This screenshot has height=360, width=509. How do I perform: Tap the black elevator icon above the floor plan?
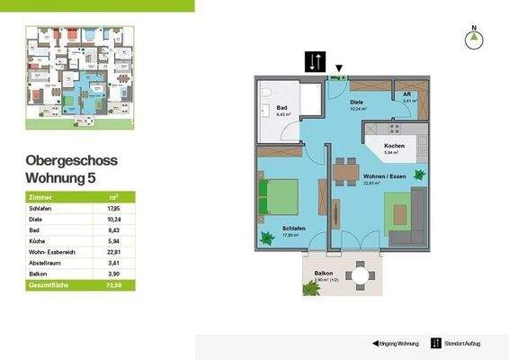pyautogui.click(x=314, y=61)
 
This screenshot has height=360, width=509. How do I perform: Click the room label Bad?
pyautogui.click(x=268, y=107)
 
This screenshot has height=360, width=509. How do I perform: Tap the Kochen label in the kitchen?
pyautogui.click(x=394, y=147)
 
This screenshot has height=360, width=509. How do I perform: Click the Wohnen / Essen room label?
pyautogui.click(x=383, y=175)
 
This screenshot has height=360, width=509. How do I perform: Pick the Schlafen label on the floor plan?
pyautogui.click(x=293, y=229)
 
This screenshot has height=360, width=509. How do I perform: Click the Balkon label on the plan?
pyautogui.click(x=325, y=273)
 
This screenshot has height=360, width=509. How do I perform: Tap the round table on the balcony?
pyautogui.click(x=361, y=274)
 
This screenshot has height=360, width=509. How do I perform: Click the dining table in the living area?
pyautogui.click(x=342, y=171)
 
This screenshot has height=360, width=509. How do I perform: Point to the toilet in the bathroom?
pyautogui.click(x=267, y=91)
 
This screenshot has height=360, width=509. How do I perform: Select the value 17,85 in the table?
pyautogui.click(x=113, y=208)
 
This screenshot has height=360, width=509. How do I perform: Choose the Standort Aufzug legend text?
pyautogui.click(x=466, y=344)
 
